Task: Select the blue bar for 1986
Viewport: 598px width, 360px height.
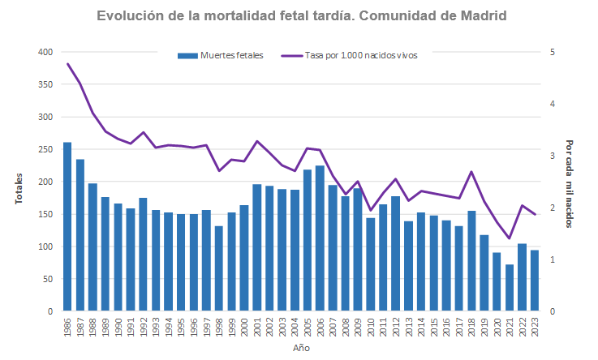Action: [67, 227]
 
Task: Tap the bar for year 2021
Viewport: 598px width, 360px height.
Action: [510, 288]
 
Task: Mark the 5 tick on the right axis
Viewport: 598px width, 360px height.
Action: [553, 52]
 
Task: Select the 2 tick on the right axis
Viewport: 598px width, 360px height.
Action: [553, 208]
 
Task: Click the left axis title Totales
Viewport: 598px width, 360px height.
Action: [19, 188]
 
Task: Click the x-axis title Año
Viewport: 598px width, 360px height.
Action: [301, 348]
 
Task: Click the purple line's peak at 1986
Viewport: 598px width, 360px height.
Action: [67, 63]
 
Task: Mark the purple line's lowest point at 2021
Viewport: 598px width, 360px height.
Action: [510, 238]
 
